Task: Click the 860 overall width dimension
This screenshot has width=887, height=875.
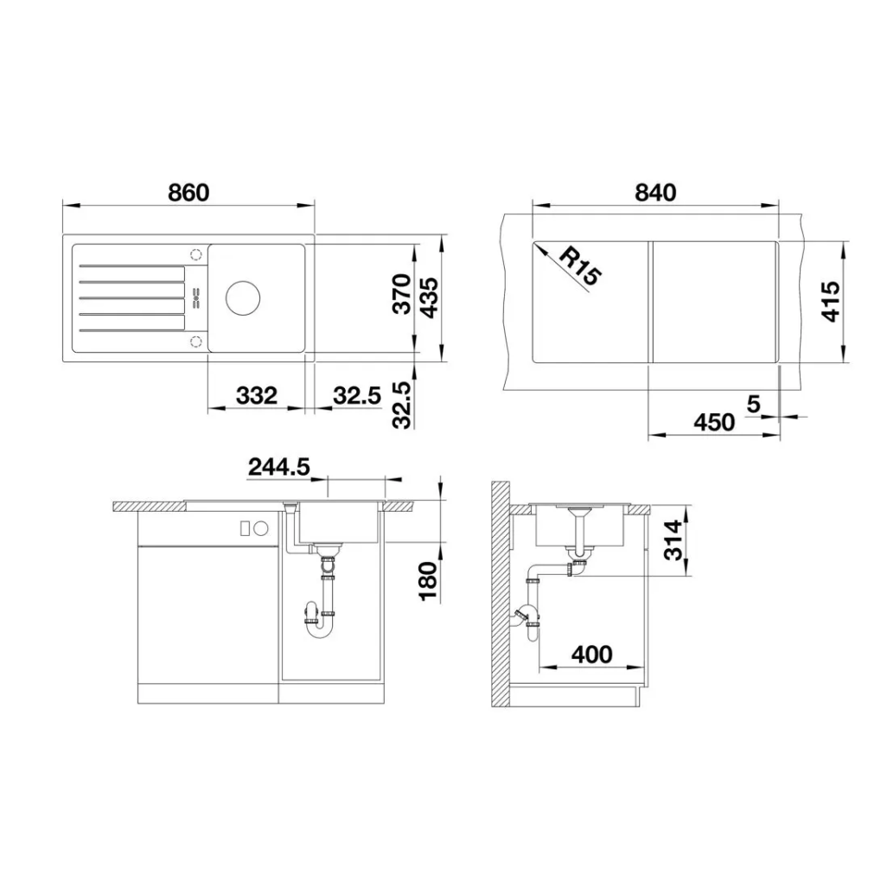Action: tap(188, 193)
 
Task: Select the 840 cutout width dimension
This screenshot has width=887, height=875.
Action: tap(655, 193)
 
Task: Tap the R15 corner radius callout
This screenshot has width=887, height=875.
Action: tap(580, 267)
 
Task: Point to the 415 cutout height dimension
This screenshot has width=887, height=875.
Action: tap(831, 302)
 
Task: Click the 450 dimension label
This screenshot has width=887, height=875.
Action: tap(714, 422)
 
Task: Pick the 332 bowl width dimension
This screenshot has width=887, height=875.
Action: tap(257, 395)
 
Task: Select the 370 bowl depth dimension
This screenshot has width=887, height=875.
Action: tap(402, 294)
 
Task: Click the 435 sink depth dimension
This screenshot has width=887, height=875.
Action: tap(428, 297)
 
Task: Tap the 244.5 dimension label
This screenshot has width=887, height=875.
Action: tap(279, 467)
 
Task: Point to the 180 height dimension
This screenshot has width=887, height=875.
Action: tap(428, 581)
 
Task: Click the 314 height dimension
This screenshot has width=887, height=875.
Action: tap(673, 540)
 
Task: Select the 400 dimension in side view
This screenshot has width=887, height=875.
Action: tap(591, 655)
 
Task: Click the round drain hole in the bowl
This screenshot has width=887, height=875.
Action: tap(243, 297)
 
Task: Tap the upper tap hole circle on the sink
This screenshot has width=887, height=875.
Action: tap(196, 254)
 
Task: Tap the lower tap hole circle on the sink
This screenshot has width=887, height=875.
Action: tap(196, 341)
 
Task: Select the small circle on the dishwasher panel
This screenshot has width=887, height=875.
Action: tap(261, 529)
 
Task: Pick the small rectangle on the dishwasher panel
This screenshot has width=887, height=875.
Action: tap(245, 529)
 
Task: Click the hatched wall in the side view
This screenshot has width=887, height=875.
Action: tap(501, 594)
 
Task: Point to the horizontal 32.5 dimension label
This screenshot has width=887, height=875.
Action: tap(357, 395)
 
